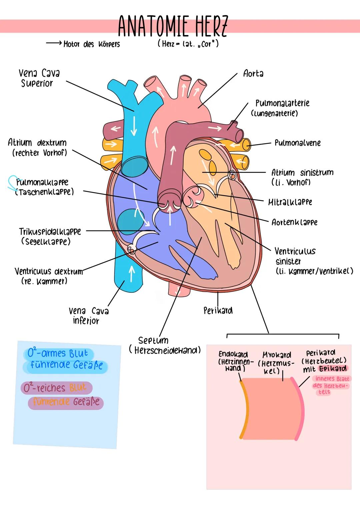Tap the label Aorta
click(253, 73)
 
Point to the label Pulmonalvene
click(297, 143)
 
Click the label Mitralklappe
click(290, 202)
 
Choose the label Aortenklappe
click(294, 222)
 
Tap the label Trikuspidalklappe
click(50, 231)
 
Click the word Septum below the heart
click(153, 340)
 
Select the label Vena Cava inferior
click(88, 316)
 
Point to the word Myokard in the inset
click(277, 355)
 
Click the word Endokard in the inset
click(233, 354)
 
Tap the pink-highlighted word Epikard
click(332, 369)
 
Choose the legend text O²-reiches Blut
click(55, 388)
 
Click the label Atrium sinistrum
click(302, 173)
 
